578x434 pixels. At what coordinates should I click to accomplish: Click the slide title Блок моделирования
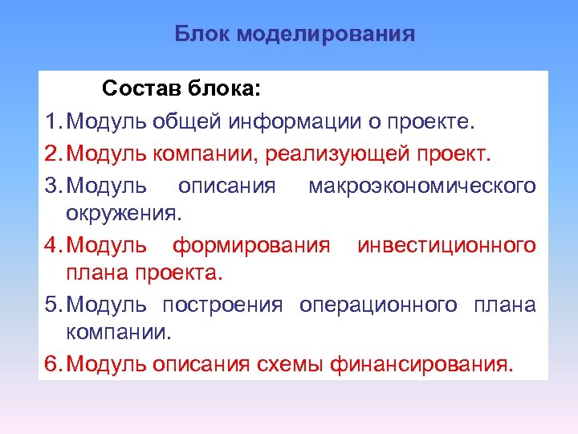coord(295,35)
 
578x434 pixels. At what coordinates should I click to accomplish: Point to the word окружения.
coord(124,215)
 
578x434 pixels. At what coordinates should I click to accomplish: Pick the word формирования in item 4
coord(251,244)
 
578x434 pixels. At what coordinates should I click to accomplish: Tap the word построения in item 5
coord(222,305)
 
